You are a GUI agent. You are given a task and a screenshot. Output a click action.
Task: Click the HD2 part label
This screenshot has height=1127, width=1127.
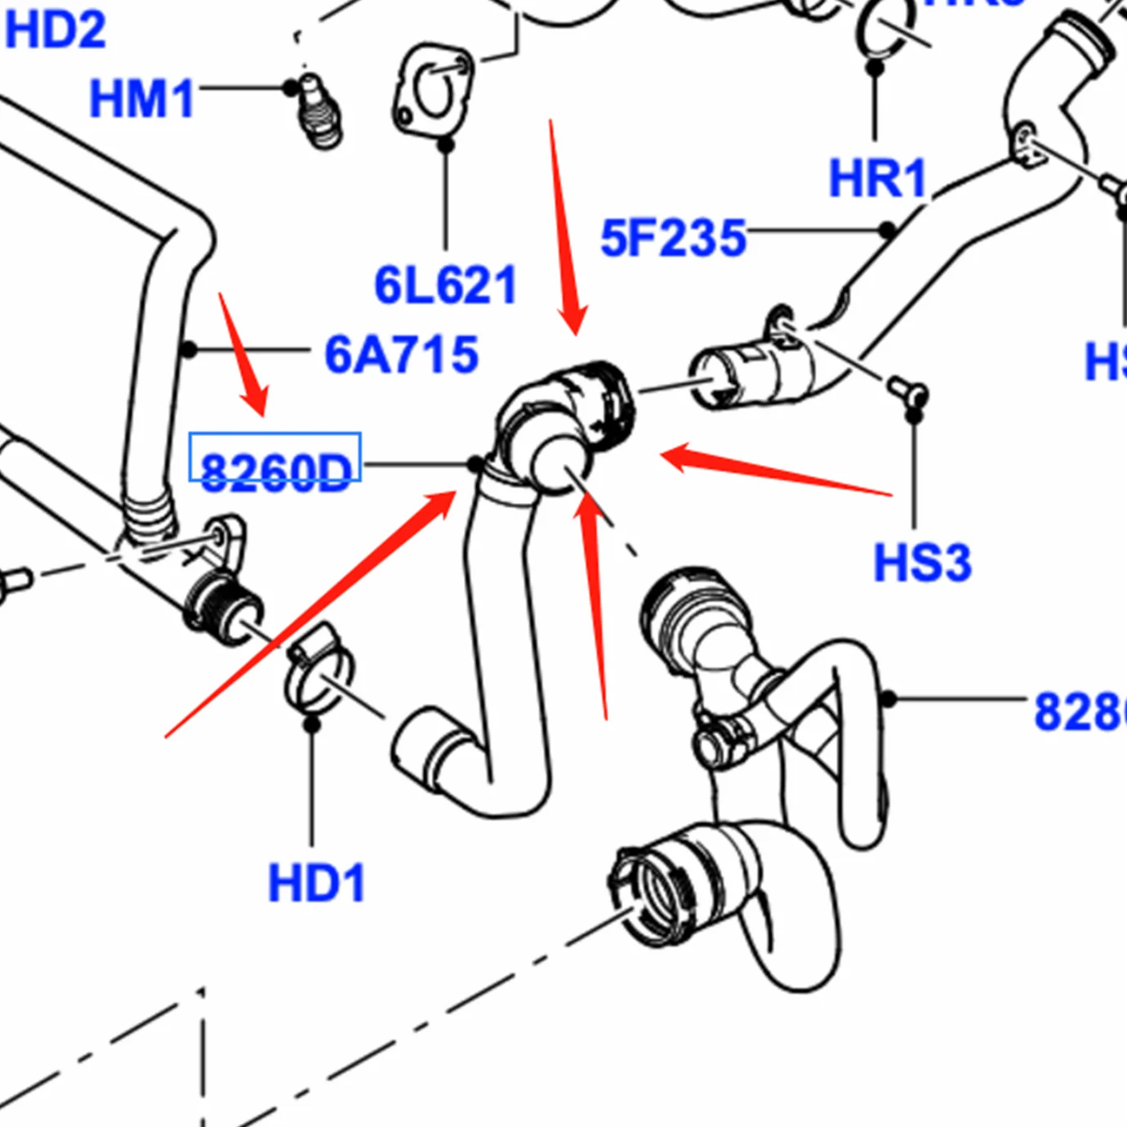(x=55, y=30)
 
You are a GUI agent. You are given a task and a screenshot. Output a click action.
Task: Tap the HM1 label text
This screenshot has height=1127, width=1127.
(x=141, y=99)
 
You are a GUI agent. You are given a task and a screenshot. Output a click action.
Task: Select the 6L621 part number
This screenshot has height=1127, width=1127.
(x=445, y=285)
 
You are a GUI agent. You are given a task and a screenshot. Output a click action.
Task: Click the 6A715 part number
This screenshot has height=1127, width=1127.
(x=401, y=354)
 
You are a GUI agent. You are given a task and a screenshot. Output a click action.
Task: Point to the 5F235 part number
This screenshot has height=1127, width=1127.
(x=673, y=238)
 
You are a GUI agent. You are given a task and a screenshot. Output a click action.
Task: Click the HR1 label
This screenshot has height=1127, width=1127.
(x=877, y=178)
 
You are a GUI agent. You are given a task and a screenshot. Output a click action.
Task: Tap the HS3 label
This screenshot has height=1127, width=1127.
(x=922, y=563)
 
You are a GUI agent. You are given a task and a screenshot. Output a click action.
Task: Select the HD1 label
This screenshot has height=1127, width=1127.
(x=316, y=883)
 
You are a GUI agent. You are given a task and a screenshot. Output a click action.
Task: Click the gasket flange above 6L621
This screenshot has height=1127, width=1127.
(x=433, y=90)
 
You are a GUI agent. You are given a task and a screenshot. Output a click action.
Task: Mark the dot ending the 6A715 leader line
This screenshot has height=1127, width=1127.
(x=189, y=350)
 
